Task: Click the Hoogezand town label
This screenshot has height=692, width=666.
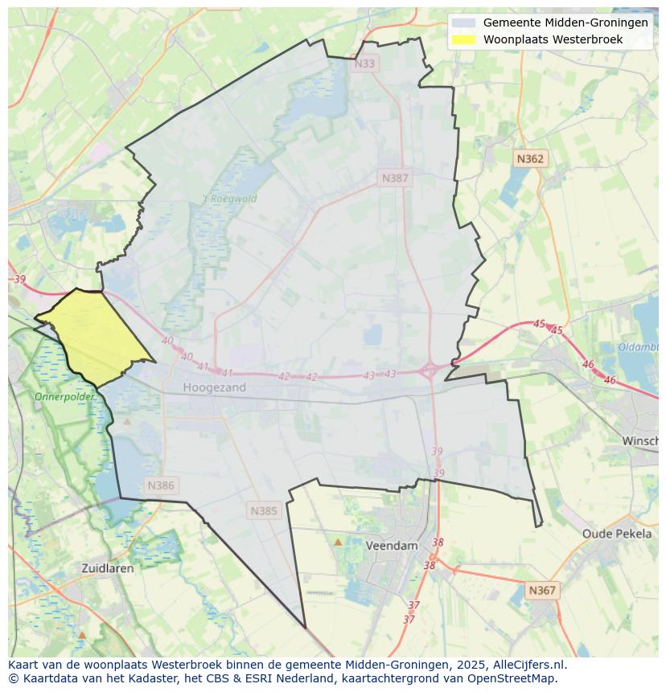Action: tap(214, 387)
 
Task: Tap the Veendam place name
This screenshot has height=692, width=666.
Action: tap(392, 545)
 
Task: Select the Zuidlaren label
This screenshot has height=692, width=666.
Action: tap(108, 567)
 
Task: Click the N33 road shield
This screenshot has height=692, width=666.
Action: tap(364, 63)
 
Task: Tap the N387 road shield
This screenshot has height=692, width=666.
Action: tap(395, 178)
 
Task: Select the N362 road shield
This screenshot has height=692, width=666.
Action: tap(530, 159)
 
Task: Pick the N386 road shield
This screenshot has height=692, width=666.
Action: tap(161, 485)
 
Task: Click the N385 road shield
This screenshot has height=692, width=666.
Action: tap(263, 510)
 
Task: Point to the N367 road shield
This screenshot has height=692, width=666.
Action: tap(541, 590)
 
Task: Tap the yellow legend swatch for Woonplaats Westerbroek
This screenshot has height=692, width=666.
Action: tap(463, 39)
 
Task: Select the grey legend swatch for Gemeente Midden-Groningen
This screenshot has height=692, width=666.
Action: tap(463, 23)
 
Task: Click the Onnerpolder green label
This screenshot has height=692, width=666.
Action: tap(64, 397)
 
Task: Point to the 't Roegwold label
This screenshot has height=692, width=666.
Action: tap(229, 199)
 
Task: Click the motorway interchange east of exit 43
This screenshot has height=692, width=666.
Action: tap(428, 371)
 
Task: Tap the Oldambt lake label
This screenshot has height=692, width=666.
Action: tap(639, 347)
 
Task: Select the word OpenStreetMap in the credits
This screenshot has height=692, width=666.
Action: tap(515, 678)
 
